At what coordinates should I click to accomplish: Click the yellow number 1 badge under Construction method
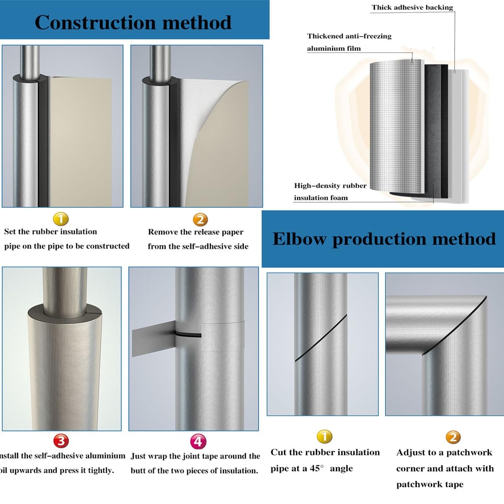[x=61, y=219]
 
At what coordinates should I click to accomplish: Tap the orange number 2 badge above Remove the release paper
[x=200, y=219]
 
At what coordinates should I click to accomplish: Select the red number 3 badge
[x=61, y=441]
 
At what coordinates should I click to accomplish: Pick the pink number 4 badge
[x=198, y=441]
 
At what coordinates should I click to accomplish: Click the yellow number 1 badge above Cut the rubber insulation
[x=324, y=437]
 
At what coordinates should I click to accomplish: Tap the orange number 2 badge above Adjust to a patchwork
[x=453, y=437]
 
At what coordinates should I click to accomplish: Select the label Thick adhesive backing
[x=412, y=7]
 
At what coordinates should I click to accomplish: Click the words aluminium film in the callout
[x=333, y=48]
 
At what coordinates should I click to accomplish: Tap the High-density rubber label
[x=330, y=186]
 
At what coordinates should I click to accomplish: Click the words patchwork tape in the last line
[x=430, y=484]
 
